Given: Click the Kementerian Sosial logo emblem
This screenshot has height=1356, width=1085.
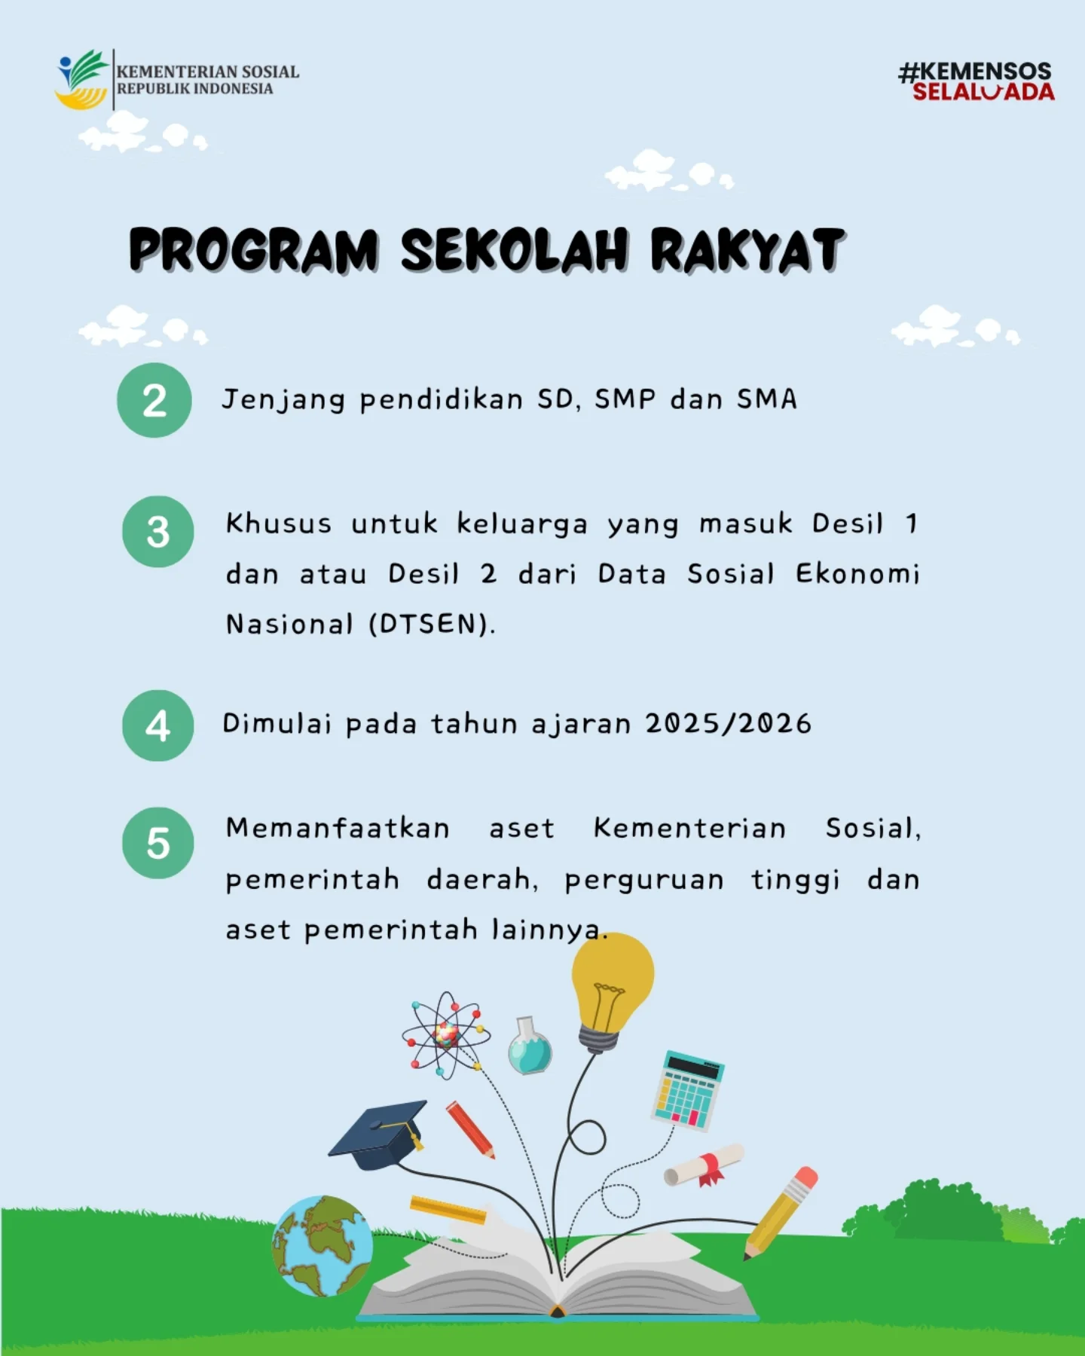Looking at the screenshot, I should pyautogui.click(x=81, y=80).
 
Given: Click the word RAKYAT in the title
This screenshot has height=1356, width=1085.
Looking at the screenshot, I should pyautogui.click(x=747, y=250).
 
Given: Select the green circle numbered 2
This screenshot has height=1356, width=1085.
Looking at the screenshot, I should pyautogui.click(x=154, y=400).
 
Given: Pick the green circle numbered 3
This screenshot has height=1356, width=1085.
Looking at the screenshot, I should pyautogui.click(x=157, y=532).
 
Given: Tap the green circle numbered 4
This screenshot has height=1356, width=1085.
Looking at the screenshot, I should pyautogui.click(x=157, y=725).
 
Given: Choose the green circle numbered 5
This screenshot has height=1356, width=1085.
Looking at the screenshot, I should pyautogui.click(x=157, y=843).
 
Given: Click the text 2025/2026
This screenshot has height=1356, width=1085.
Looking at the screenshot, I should pyautogui.click(x=728, y=724).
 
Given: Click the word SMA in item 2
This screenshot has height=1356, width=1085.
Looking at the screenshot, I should pyautogui.click(x=766, y=399).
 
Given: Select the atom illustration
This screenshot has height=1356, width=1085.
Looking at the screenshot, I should pyautogui.click(x=445, y=1035).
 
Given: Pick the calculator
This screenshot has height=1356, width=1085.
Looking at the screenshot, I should pyautogui.click(x=686, y=1090).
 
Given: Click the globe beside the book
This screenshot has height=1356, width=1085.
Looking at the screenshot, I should pyautogui.click(x=322, y=1246).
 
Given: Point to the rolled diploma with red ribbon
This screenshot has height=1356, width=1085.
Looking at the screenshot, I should pyautogui.click(x=704, y=1165).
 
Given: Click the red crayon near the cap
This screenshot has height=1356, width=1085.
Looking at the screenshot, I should pyautogui.click(x=470, y=1129).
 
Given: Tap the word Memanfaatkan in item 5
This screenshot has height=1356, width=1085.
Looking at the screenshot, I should pyautogui.click(x=338, y=829).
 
